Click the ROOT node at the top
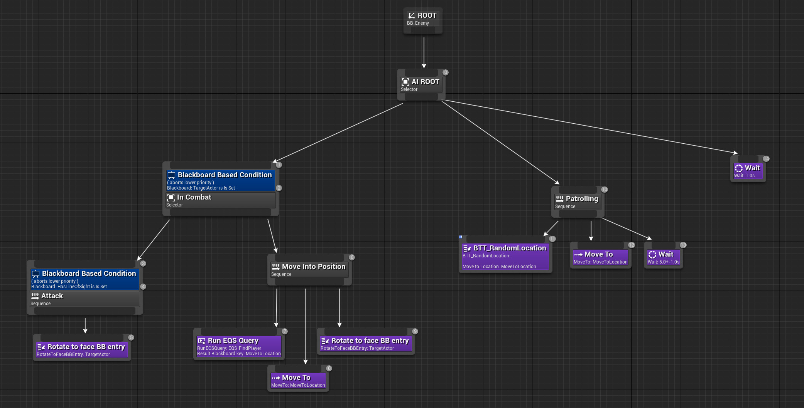(x=422, y=19)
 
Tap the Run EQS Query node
(x=239, y=346)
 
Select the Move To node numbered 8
(x=298, y=381)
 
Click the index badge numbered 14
(x=766, y=159)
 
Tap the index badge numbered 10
(x=604, y=190)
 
